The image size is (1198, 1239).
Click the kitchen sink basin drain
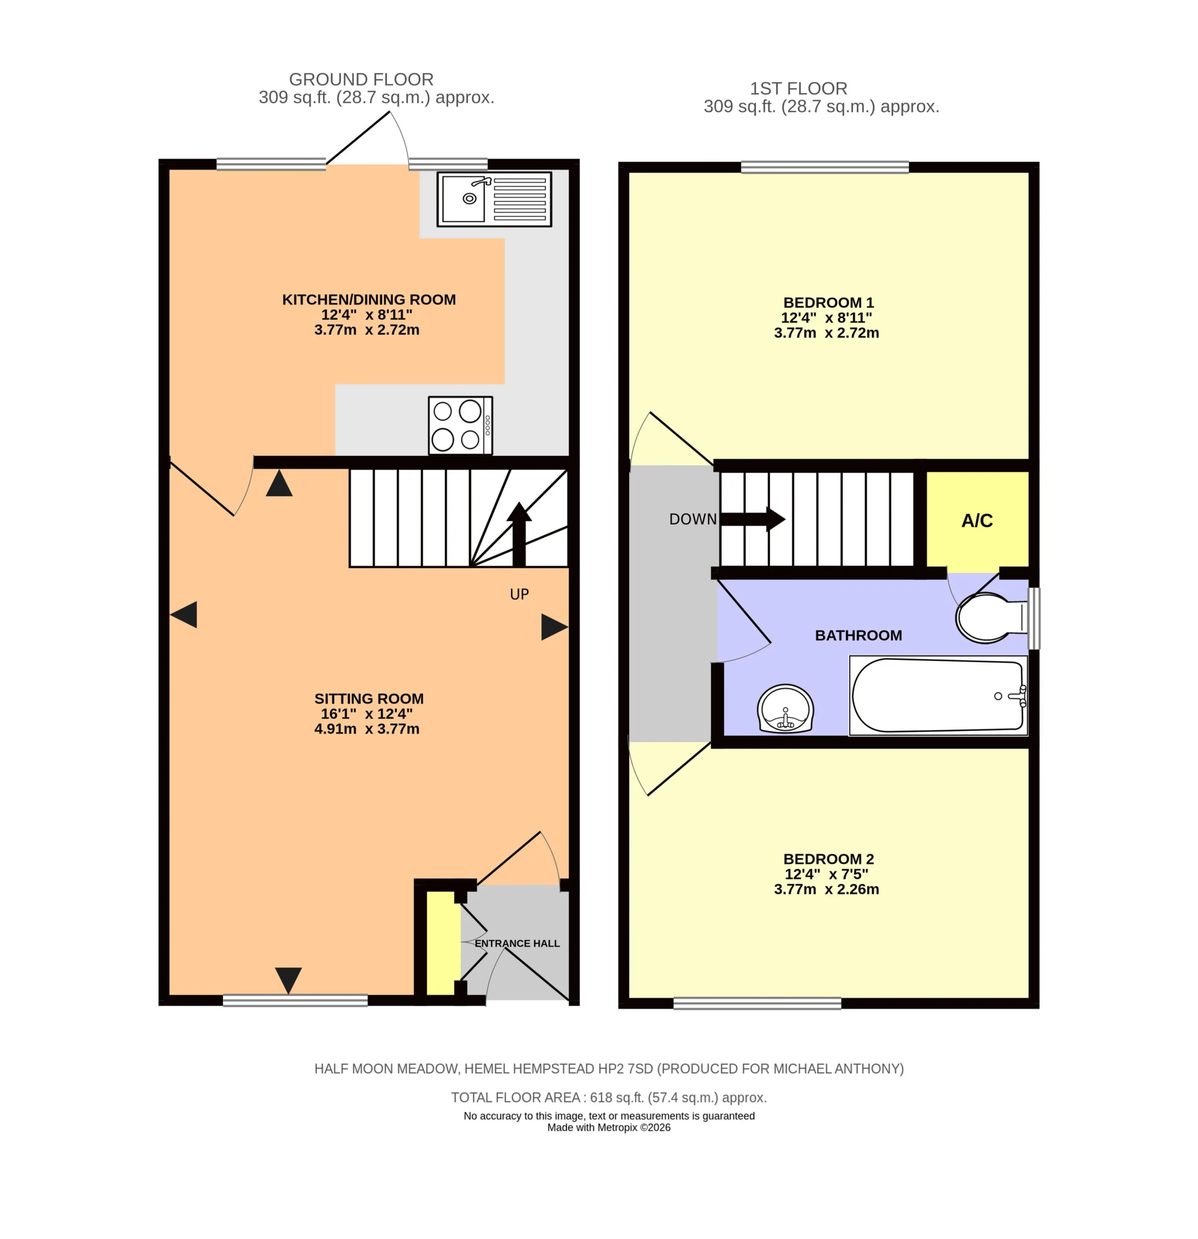(x=469, y=198)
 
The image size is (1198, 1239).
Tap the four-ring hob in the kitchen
(x=460, y=425)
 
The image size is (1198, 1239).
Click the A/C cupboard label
(x=977, y=521)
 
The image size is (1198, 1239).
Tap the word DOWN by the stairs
(x=693, y=519)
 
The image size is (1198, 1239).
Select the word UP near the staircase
(x=519, y=594)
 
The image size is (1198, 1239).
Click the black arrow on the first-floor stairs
(x=752, y=519)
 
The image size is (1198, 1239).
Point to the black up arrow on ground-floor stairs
(x=519, y=534)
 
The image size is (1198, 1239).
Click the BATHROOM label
(x=858, y=635)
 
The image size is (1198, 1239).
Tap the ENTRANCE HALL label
(x=517, y=943)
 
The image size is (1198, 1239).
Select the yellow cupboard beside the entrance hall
(x=443, y=943)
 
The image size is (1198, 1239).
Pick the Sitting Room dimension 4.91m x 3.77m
(x=367, y=729)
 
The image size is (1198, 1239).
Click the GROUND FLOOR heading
(x=361, y=80)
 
